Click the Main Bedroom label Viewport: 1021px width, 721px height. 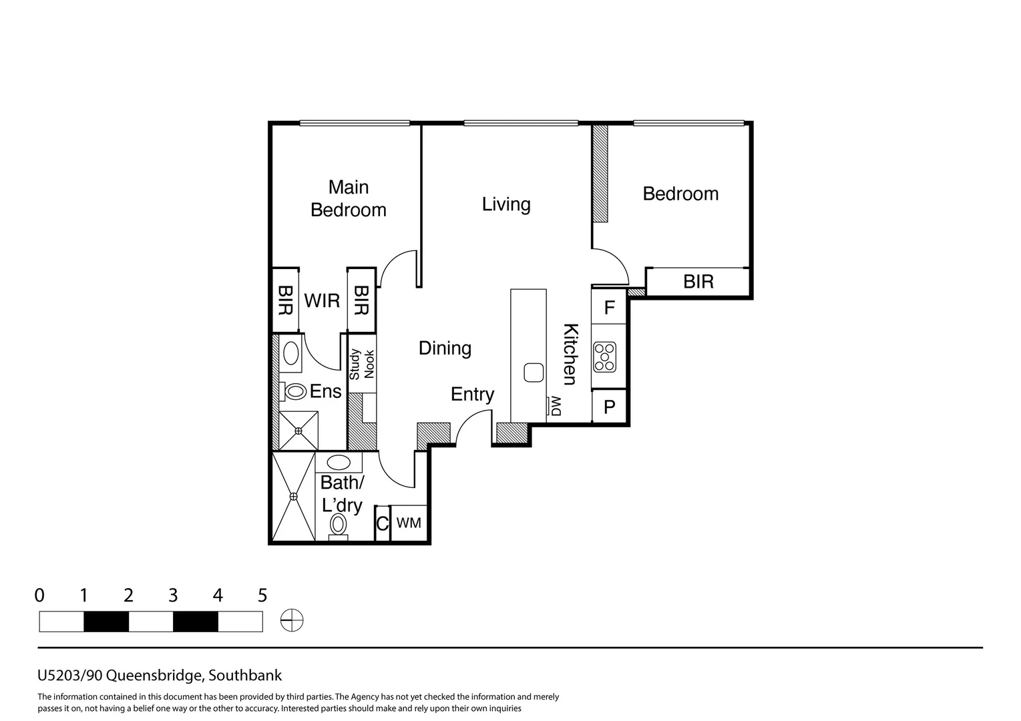point(348,198)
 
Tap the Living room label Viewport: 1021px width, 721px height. point(506,204)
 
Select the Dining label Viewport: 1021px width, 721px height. point(445,348)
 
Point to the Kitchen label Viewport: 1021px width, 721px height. point(570,354)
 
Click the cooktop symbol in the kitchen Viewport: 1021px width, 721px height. point(605,357)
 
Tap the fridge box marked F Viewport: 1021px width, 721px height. point(608,306)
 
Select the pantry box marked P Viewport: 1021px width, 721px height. point(609,406)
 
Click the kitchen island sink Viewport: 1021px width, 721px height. point(534,373)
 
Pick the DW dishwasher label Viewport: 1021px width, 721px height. point(556,406)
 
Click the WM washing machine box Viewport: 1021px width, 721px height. point(409,523)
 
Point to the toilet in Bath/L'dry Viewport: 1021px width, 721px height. point(338,526)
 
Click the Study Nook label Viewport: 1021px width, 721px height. point(362,364)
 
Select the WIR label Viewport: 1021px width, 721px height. point(322,301)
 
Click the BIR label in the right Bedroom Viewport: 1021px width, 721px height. point(698,282)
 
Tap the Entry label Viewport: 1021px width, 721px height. point(472,395)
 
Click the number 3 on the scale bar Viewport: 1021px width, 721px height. point(173,595)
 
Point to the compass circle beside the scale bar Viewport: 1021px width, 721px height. point(292,620)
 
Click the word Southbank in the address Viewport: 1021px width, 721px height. point(245,675)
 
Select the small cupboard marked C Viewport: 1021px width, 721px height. point(383,523)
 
